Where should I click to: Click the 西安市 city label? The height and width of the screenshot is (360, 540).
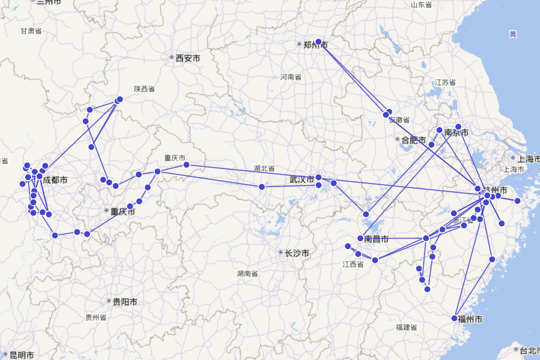coord(188,58)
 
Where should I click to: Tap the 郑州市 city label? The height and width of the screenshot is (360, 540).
coord(315,45)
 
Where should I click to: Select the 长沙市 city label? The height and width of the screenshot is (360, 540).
coord(297,253)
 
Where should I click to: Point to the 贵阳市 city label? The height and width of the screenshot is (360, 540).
coord(125,301)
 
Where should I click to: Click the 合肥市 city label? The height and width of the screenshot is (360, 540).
coord(414,140)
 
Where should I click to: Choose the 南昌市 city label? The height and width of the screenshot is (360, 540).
coord(376,239)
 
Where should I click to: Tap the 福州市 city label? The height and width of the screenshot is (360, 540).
coord(470,319)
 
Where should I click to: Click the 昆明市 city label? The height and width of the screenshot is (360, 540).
coord(22,355)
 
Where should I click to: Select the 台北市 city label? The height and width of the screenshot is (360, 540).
coord(530,350)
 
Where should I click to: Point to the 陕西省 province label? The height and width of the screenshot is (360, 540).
coord(144,89)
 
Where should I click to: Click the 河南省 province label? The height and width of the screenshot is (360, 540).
coord(291,77)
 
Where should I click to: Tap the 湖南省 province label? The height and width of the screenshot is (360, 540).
coord(247,273)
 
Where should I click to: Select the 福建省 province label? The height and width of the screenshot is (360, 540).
coord(406,327)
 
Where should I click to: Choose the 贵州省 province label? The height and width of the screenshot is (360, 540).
coord(96,317)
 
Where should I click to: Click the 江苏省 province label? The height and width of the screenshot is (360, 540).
coord(445,82)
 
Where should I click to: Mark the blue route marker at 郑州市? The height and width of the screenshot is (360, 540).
coord(319,42)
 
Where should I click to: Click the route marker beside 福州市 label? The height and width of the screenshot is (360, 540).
coord(454,318)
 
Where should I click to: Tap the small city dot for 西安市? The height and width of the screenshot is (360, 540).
coord(171,57)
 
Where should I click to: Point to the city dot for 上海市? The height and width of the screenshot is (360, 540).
coord(513,158)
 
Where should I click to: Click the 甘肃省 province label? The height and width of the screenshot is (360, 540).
coord(31,31)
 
